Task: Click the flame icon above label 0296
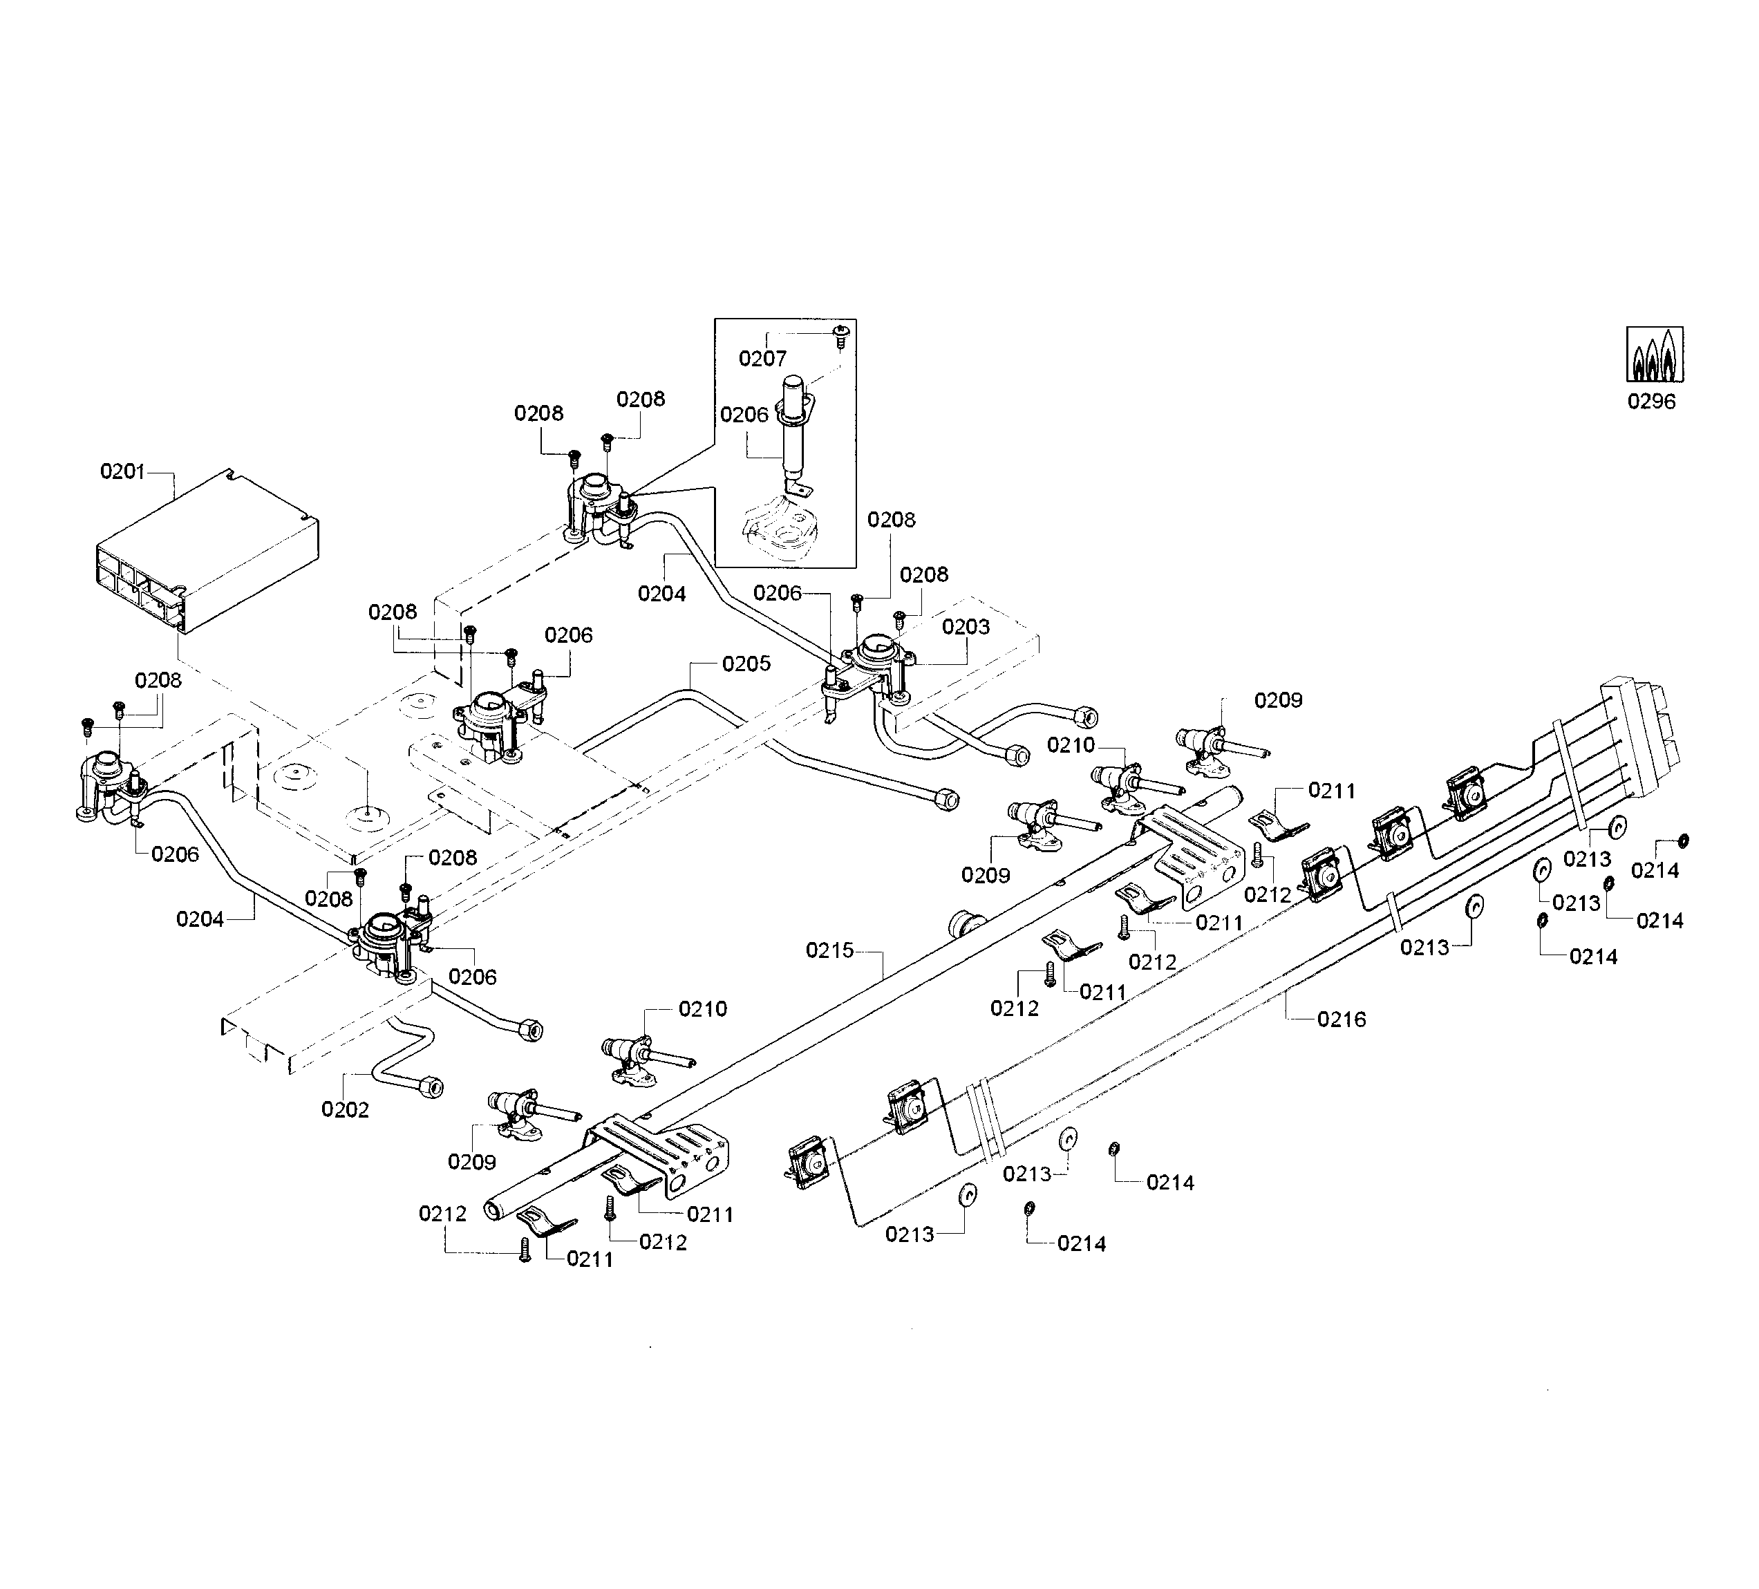pos(1655,355)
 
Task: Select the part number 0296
pos(1650,402)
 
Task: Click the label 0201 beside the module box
pos(122,472)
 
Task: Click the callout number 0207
pos(762,359)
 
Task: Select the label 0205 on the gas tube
pos(746,664)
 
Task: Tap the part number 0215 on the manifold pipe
pos(829,950)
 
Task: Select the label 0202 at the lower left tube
pos(345,1110)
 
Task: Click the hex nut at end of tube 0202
pos(430,1087)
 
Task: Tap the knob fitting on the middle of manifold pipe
pos(966,922)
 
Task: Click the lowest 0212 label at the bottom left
pos(442,1214)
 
